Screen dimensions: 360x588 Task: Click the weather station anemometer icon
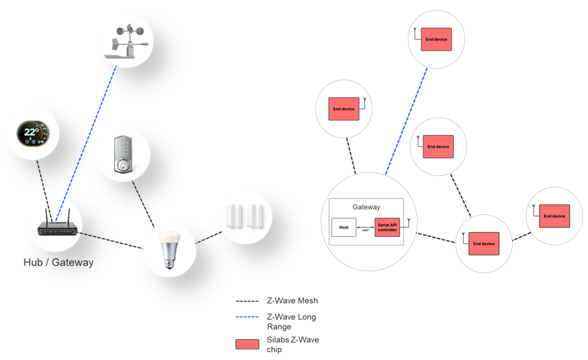coord(127,42)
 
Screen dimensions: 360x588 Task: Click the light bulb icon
coord(169,250)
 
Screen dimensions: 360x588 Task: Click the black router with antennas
coord(55,223)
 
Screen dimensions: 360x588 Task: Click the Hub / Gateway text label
coord(59,263)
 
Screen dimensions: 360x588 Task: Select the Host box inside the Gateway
coord(344,227)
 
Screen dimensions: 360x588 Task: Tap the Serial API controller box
coord(387,227)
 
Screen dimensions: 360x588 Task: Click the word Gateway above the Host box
coord(366,208)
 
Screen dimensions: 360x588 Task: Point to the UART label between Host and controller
coord(366,230)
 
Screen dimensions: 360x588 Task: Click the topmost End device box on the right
coord(436,40)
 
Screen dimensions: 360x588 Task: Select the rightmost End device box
coord(554,216)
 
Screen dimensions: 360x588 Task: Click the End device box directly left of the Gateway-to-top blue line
coord(344,109)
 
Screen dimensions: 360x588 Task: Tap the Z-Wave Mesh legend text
coord(292,301)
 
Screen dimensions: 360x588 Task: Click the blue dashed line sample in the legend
coord(248,317)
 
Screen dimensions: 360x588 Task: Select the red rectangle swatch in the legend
coord(247,344)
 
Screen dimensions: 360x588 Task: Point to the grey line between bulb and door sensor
coord(208,236)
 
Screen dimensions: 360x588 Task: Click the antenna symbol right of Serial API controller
coord(409,221)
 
